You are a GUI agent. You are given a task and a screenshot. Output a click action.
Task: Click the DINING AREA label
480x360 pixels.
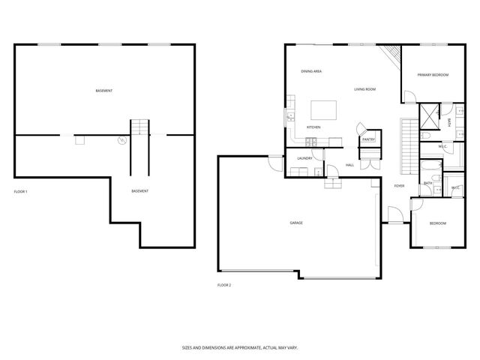click(311, 71)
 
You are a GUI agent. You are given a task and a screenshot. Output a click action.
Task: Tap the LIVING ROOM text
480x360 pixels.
click(365, 89)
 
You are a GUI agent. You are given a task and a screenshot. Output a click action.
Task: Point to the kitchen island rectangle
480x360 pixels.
click(324, 110)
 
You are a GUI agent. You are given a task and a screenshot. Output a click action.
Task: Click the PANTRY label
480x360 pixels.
click(368, 139)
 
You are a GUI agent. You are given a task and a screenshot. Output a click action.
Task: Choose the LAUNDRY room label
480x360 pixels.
click(304, 158)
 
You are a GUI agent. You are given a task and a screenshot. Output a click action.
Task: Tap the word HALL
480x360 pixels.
click(349, 165)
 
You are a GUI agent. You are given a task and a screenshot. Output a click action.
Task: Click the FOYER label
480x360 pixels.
click(399, 186)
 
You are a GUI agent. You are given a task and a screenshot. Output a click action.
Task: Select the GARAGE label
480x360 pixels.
click(296, 223)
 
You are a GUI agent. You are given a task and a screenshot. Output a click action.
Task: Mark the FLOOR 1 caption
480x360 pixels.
click(21, 192)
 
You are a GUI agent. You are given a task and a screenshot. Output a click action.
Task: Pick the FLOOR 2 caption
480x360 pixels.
click(224, 286)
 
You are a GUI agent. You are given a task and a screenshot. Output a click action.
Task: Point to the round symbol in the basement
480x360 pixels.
click(120, 140)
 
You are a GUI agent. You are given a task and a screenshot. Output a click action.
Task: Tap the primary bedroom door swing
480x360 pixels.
click(409, 96)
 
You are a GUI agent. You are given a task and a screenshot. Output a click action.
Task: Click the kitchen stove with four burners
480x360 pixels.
click(290, 116)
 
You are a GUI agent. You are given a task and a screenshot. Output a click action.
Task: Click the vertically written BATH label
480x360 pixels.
click(449, 122)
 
